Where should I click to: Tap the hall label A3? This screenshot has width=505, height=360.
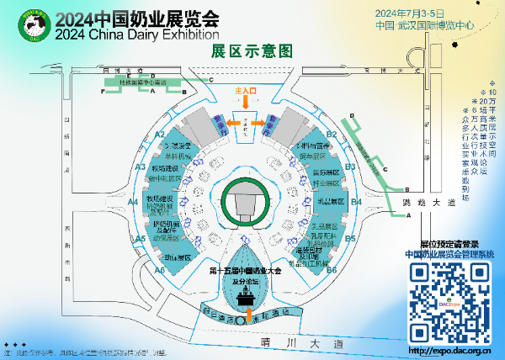click(x=141, y=167)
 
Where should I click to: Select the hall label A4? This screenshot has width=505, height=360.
click(x=133, y=202)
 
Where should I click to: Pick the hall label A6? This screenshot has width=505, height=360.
click(x=158, y=270)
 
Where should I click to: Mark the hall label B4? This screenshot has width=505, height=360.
click(x=357, y=202)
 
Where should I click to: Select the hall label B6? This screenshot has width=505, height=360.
click(x=332, y=270)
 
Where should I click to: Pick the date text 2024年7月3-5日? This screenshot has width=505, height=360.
click(x=420, y=13)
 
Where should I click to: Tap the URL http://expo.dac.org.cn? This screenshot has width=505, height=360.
click(x=449, y=349)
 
